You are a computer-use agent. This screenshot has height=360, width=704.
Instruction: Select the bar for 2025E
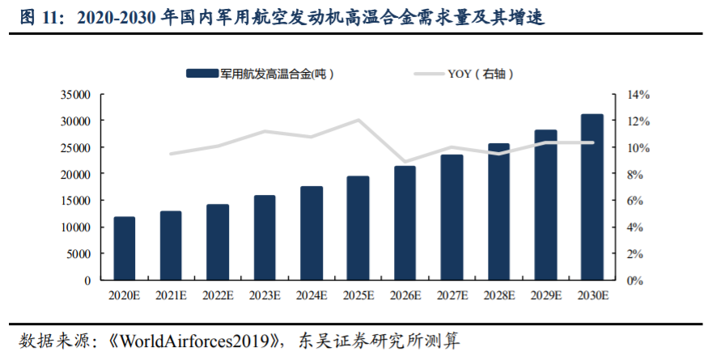point(358,228)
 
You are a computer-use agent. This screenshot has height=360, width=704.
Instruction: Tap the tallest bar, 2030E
point(592,197)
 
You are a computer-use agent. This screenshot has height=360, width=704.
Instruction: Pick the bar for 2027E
point(452,218)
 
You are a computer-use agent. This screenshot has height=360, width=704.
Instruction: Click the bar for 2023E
point(265,238)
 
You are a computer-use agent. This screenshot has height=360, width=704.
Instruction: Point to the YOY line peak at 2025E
point(358,121)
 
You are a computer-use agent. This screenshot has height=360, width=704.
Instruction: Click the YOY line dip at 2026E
point(405,162)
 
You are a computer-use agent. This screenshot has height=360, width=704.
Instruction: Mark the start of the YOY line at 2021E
point(171,154)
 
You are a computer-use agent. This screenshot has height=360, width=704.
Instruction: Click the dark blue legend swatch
point(202,74)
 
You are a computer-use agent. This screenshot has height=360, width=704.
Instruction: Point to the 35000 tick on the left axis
point(74,95)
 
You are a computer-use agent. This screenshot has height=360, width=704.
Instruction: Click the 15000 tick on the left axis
point(74,201)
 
